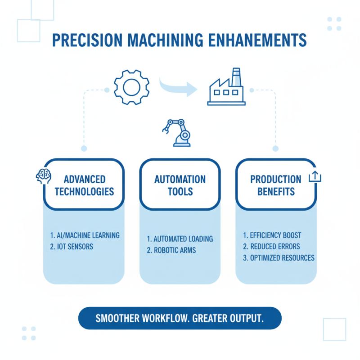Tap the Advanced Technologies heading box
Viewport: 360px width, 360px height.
(x=84, y=185)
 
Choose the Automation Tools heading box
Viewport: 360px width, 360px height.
(x=180, y=185)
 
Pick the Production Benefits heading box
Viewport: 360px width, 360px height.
(x=276, y=185)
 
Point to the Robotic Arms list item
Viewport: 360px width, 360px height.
(x=171, y=251)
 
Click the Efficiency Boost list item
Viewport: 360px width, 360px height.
(x=272, y=235)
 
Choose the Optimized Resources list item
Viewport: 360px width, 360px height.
(x=279, y=258)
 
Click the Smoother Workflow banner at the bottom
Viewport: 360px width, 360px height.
(x=180, y=318)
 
